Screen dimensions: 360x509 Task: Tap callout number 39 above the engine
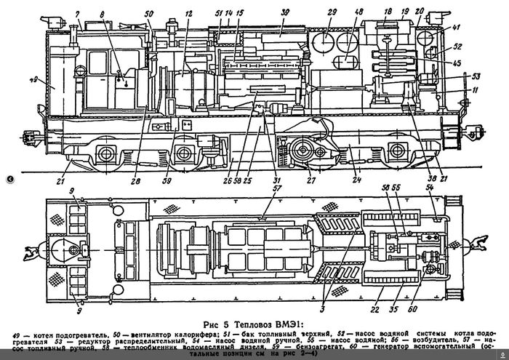coord(286,12)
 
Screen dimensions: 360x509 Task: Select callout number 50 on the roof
coord(149,13)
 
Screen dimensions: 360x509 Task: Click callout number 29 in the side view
coord(332,12)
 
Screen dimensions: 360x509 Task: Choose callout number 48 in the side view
coord(359,12)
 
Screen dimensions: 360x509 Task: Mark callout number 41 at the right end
coord(457,28)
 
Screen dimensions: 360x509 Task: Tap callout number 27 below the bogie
coord(310,180)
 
